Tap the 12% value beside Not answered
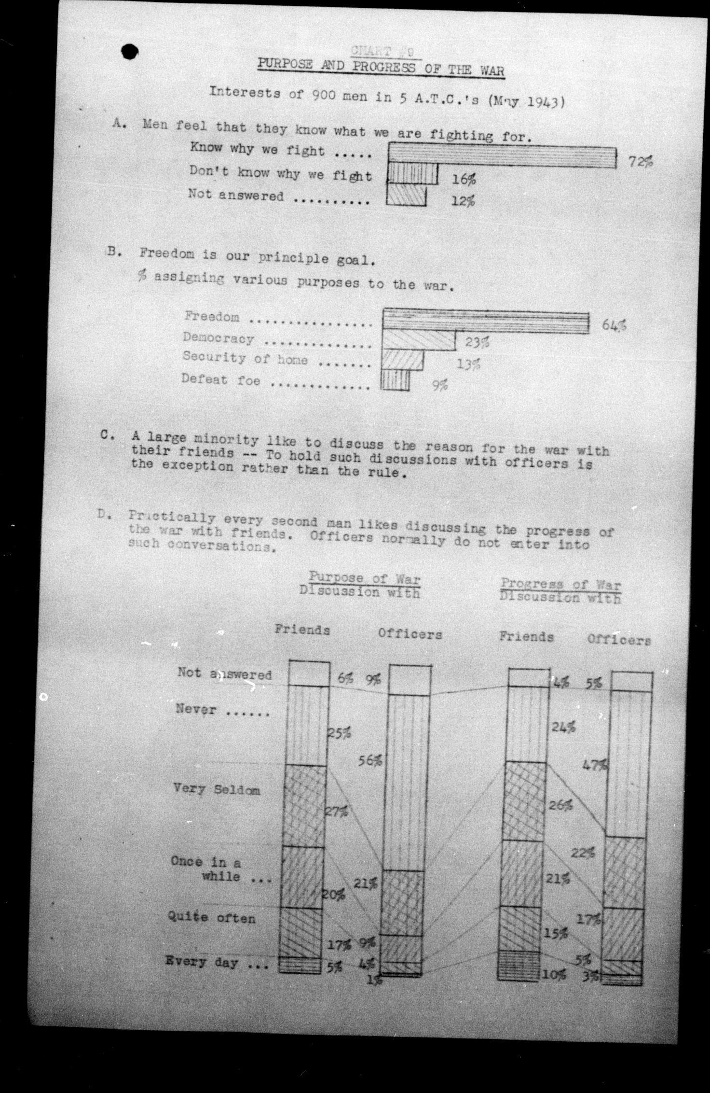463,200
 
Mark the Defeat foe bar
395,380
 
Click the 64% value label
614,325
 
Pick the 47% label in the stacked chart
594,765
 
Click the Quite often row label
211,917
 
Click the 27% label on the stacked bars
336,812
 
